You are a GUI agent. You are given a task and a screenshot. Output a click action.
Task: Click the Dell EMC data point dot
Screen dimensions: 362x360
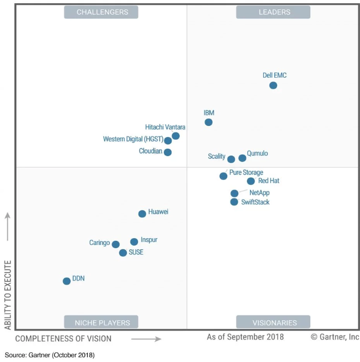click(273, 85)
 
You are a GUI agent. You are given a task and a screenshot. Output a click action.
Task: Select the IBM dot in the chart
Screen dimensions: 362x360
click(209, 122)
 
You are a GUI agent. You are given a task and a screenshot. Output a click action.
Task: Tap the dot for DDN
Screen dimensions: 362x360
click(67, 281)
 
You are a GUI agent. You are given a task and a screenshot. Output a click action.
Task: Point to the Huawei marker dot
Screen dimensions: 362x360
click(142, 214)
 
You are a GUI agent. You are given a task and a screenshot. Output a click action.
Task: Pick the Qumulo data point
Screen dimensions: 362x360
click(243, 158)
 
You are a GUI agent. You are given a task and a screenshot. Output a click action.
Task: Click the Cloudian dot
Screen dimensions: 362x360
click(168, 152)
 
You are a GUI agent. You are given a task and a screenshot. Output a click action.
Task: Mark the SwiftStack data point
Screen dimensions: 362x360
click(234, 202)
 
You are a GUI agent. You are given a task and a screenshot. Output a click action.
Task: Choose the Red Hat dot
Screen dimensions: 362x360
click(251, 181)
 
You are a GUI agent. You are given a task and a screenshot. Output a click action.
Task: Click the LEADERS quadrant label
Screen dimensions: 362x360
click(273, 12)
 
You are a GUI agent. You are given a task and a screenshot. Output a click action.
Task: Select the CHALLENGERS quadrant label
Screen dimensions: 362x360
click(101, 12)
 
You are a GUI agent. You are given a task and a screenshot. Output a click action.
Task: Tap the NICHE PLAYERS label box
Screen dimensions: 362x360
click(101, 322)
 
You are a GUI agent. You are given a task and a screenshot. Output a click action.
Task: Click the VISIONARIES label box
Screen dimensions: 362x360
click(273, 322)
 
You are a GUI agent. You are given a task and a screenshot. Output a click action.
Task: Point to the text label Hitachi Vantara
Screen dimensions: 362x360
click(165, 127)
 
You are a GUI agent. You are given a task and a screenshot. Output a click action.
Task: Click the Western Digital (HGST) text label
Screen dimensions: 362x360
click(133, 139)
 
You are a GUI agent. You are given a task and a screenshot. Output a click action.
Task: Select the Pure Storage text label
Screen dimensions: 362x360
click(246, 173)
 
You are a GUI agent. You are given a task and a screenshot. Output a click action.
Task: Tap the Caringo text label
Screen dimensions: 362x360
click(99, 243)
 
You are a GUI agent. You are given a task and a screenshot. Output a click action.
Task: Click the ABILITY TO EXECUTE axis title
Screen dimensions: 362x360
click(8, 294)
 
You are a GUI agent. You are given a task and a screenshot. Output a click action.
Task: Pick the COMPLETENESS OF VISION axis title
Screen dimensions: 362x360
click(63, 339)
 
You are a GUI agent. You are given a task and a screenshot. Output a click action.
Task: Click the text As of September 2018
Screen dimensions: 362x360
click(245, 337)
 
